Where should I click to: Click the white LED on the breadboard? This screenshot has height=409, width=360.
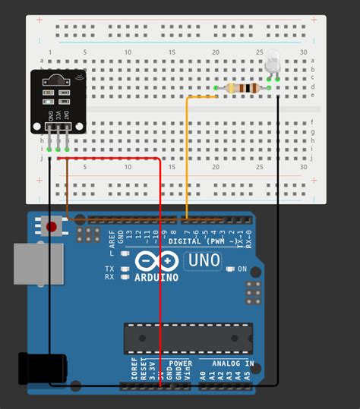(x=273, y=65)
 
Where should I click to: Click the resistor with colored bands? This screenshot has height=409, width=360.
(x=242, y=89)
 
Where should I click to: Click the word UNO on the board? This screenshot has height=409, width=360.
(x=203, y=260)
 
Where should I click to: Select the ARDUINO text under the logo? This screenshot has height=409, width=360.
(x=157, y=277)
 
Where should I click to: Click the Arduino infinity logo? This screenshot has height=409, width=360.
(x=156, y=261)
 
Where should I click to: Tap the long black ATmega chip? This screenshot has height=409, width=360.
(x=188, y=338)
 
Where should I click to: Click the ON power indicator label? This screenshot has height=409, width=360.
(x=242, y=269)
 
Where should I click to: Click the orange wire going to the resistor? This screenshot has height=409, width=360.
(x=188, y=152)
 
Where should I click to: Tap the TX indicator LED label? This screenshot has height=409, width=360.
(x=109, y=269)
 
